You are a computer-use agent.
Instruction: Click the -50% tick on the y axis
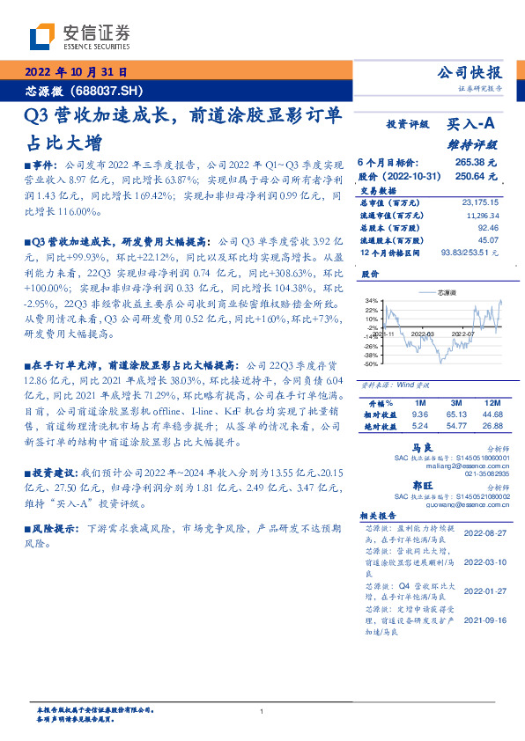372,363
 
